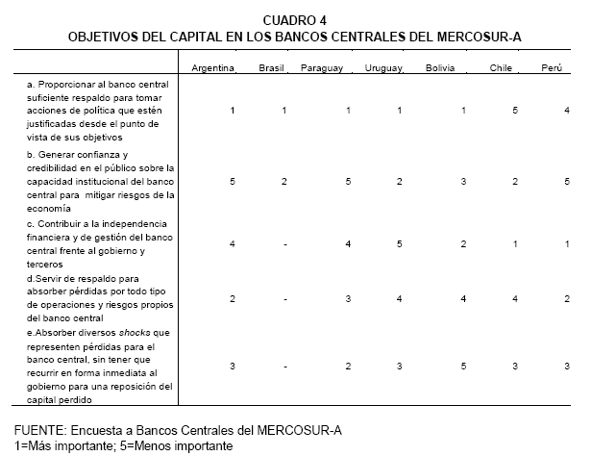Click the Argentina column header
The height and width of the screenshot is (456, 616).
pyautogui.click(x=213, y=68)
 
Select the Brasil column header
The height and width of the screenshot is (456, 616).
pyautogui.click(x=272, y=68)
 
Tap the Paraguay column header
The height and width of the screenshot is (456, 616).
pyautogui.click(x=322, y=68)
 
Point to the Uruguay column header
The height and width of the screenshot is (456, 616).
pyautogui.click(x=383, y=68)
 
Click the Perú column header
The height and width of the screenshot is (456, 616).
pyautogui.click(x=551, y=68)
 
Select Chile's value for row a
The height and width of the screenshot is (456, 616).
pyautogui.click(x=516, y=112)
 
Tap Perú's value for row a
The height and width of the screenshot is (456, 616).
pyautogui.click(x=567, y=112)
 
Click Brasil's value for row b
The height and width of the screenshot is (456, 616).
pyautogui.click(x=284, y=181)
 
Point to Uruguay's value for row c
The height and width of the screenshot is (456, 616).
pyautogui.click(x=399, y=243)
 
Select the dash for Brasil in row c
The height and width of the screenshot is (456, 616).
pyautogui.click(x=284, y=243)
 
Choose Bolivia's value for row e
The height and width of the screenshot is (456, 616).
pyautogui.click(x=463, y=366)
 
